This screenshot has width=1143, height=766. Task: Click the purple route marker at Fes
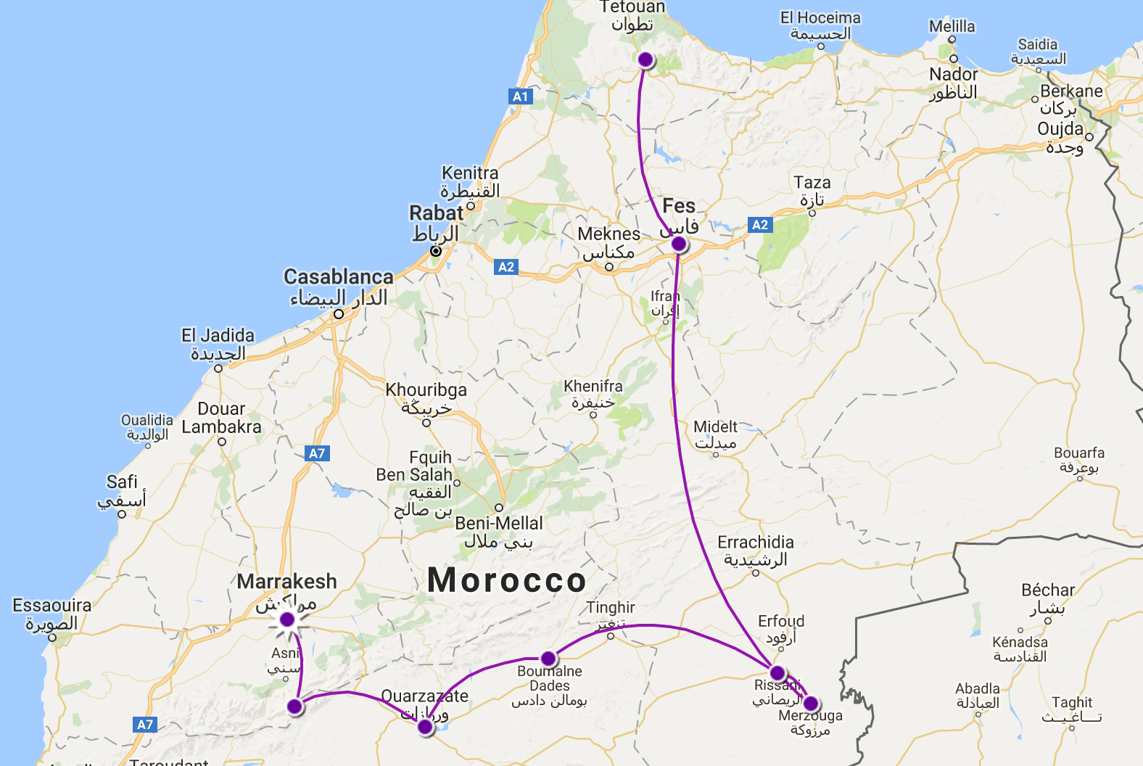tap(679, 244)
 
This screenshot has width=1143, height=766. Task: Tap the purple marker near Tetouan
tap(645, 59)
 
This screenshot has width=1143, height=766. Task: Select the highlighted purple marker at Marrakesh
tap(287, 619)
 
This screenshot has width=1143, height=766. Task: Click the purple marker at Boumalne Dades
tap(548, 659)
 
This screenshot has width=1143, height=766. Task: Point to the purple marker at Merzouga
tap(811, 704)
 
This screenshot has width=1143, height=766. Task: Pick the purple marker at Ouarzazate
tap(426, 727)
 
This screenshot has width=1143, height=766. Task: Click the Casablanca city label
tap(338, 277)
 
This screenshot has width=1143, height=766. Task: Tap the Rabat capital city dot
tap(435, 251)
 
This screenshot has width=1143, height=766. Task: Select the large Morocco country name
tap(506, 580)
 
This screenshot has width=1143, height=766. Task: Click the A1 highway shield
tap(520, 96)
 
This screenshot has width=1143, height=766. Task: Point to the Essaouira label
tap(52, 606)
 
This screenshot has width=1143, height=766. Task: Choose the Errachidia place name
tap(755, 543)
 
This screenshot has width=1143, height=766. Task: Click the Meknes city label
tap(608, 234)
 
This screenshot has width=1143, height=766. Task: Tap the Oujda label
tap(1060, 129)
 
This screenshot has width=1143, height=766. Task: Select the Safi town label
tap(122, 482)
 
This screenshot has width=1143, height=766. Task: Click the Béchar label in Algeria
tap(1047, 590)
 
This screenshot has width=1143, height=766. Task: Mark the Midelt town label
tap(715, 427)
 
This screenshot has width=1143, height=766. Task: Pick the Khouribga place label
tap(426, 390)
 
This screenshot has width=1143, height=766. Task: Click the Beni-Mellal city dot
tap(499, 508)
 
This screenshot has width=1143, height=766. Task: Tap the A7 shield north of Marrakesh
tap(317, 453)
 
